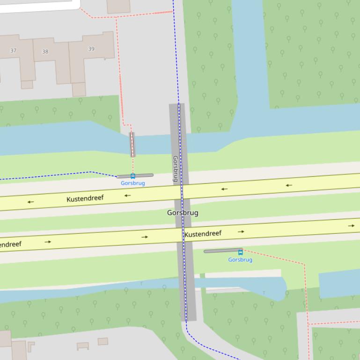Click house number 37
coord(14,50)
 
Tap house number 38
coord(45,51)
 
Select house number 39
coord(91,49)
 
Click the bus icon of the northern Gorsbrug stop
coord(133,176)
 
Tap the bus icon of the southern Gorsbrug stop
coord(241,252)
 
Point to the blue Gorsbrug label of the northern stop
coord(133,183)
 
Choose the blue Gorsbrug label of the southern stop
coord(240,260)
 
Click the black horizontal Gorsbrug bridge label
coord(183,213)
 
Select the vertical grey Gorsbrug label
coord(176,168)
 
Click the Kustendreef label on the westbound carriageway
coord(85,199)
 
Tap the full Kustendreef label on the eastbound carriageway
coord(203,234)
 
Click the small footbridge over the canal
coord(132,144)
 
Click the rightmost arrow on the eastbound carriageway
coord(351,226)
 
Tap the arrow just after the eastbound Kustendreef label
coord(241,231)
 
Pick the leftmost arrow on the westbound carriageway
coord(31,202)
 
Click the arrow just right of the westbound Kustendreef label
coord(127,195)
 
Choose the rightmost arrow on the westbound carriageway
coord(289,185)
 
